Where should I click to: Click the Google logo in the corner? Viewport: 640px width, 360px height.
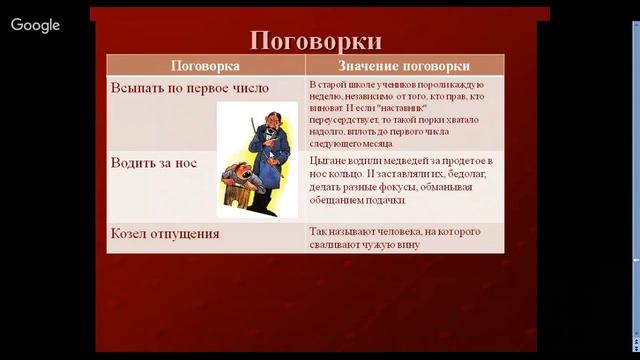click(36, 25)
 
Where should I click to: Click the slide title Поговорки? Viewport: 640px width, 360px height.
click(315, 41)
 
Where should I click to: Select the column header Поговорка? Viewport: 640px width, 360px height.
click(204, 66)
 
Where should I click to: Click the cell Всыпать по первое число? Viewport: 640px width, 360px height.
click(189, 88)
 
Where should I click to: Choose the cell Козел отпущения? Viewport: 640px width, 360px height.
click(165, 234)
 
